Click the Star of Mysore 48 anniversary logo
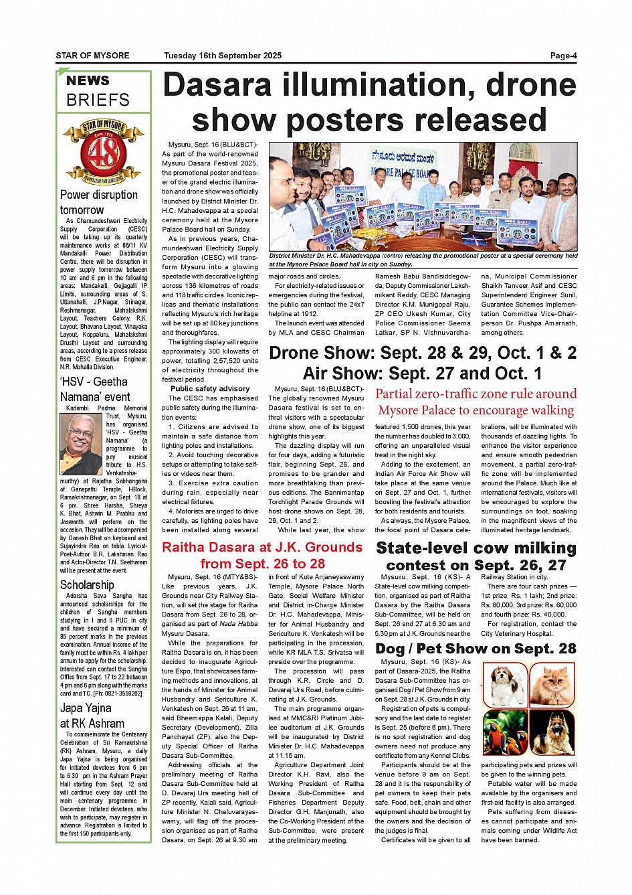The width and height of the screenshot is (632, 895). coord(103,153)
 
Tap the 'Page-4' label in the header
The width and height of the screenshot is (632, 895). coord(563,56)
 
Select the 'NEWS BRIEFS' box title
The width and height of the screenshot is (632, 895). coord(98,91)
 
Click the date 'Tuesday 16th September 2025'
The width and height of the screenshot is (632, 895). coord(223,56)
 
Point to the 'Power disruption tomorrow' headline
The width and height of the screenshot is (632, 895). coord(99,202)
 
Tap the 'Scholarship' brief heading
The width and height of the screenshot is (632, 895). coord(87,584)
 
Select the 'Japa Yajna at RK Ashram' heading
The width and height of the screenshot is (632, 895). coord(92,716)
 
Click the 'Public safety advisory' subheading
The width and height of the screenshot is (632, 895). coord(210,388)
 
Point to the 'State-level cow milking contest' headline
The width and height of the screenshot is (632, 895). coord(476,556)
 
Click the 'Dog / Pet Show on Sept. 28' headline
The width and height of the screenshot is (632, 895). coord(476,648)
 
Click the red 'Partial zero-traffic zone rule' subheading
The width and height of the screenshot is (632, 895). coord(476,402)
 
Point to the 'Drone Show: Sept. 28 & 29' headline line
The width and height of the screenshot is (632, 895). coord(423,353)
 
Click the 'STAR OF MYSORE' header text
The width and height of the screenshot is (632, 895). coord(92,56)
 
